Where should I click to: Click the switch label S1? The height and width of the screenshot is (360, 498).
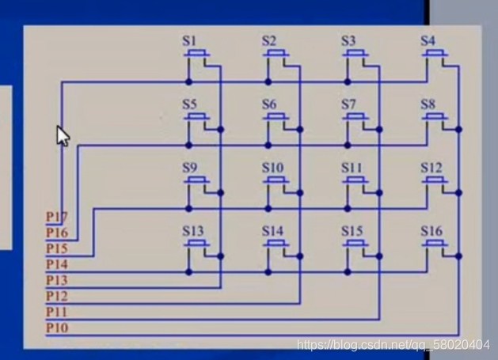click(190, 41)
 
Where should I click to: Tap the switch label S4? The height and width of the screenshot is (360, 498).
click(428, 41)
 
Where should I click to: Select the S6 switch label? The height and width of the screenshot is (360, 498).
click(269, 104)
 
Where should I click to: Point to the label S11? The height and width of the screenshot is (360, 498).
click(352, 168)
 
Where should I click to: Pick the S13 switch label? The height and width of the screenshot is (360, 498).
click(193, 231)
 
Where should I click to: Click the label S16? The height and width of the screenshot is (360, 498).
click(431, 231)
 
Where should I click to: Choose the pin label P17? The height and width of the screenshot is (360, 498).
click(56, 217)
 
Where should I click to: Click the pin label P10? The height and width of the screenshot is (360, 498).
click(56, 328)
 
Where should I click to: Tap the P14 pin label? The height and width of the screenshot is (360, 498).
click(56, 264)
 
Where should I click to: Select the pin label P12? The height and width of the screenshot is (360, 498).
click(56, 296)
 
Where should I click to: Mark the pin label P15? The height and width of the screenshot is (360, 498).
click(56, 248)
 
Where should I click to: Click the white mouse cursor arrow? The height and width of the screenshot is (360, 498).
click(63, 135)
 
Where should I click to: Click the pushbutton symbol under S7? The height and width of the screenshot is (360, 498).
click(355, 118)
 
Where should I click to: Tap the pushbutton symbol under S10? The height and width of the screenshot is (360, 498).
click(276, 181)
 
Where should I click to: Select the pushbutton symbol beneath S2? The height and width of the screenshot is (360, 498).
click(276, 55)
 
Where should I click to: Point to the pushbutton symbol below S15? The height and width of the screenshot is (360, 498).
click(355, 244)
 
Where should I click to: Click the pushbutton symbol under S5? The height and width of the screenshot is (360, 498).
click(197, 118)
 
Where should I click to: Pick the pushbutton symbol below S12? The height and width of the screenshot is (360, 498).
click(435, 181)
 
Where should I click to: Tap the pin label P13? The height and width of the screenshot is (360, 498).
click(56, 280)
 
